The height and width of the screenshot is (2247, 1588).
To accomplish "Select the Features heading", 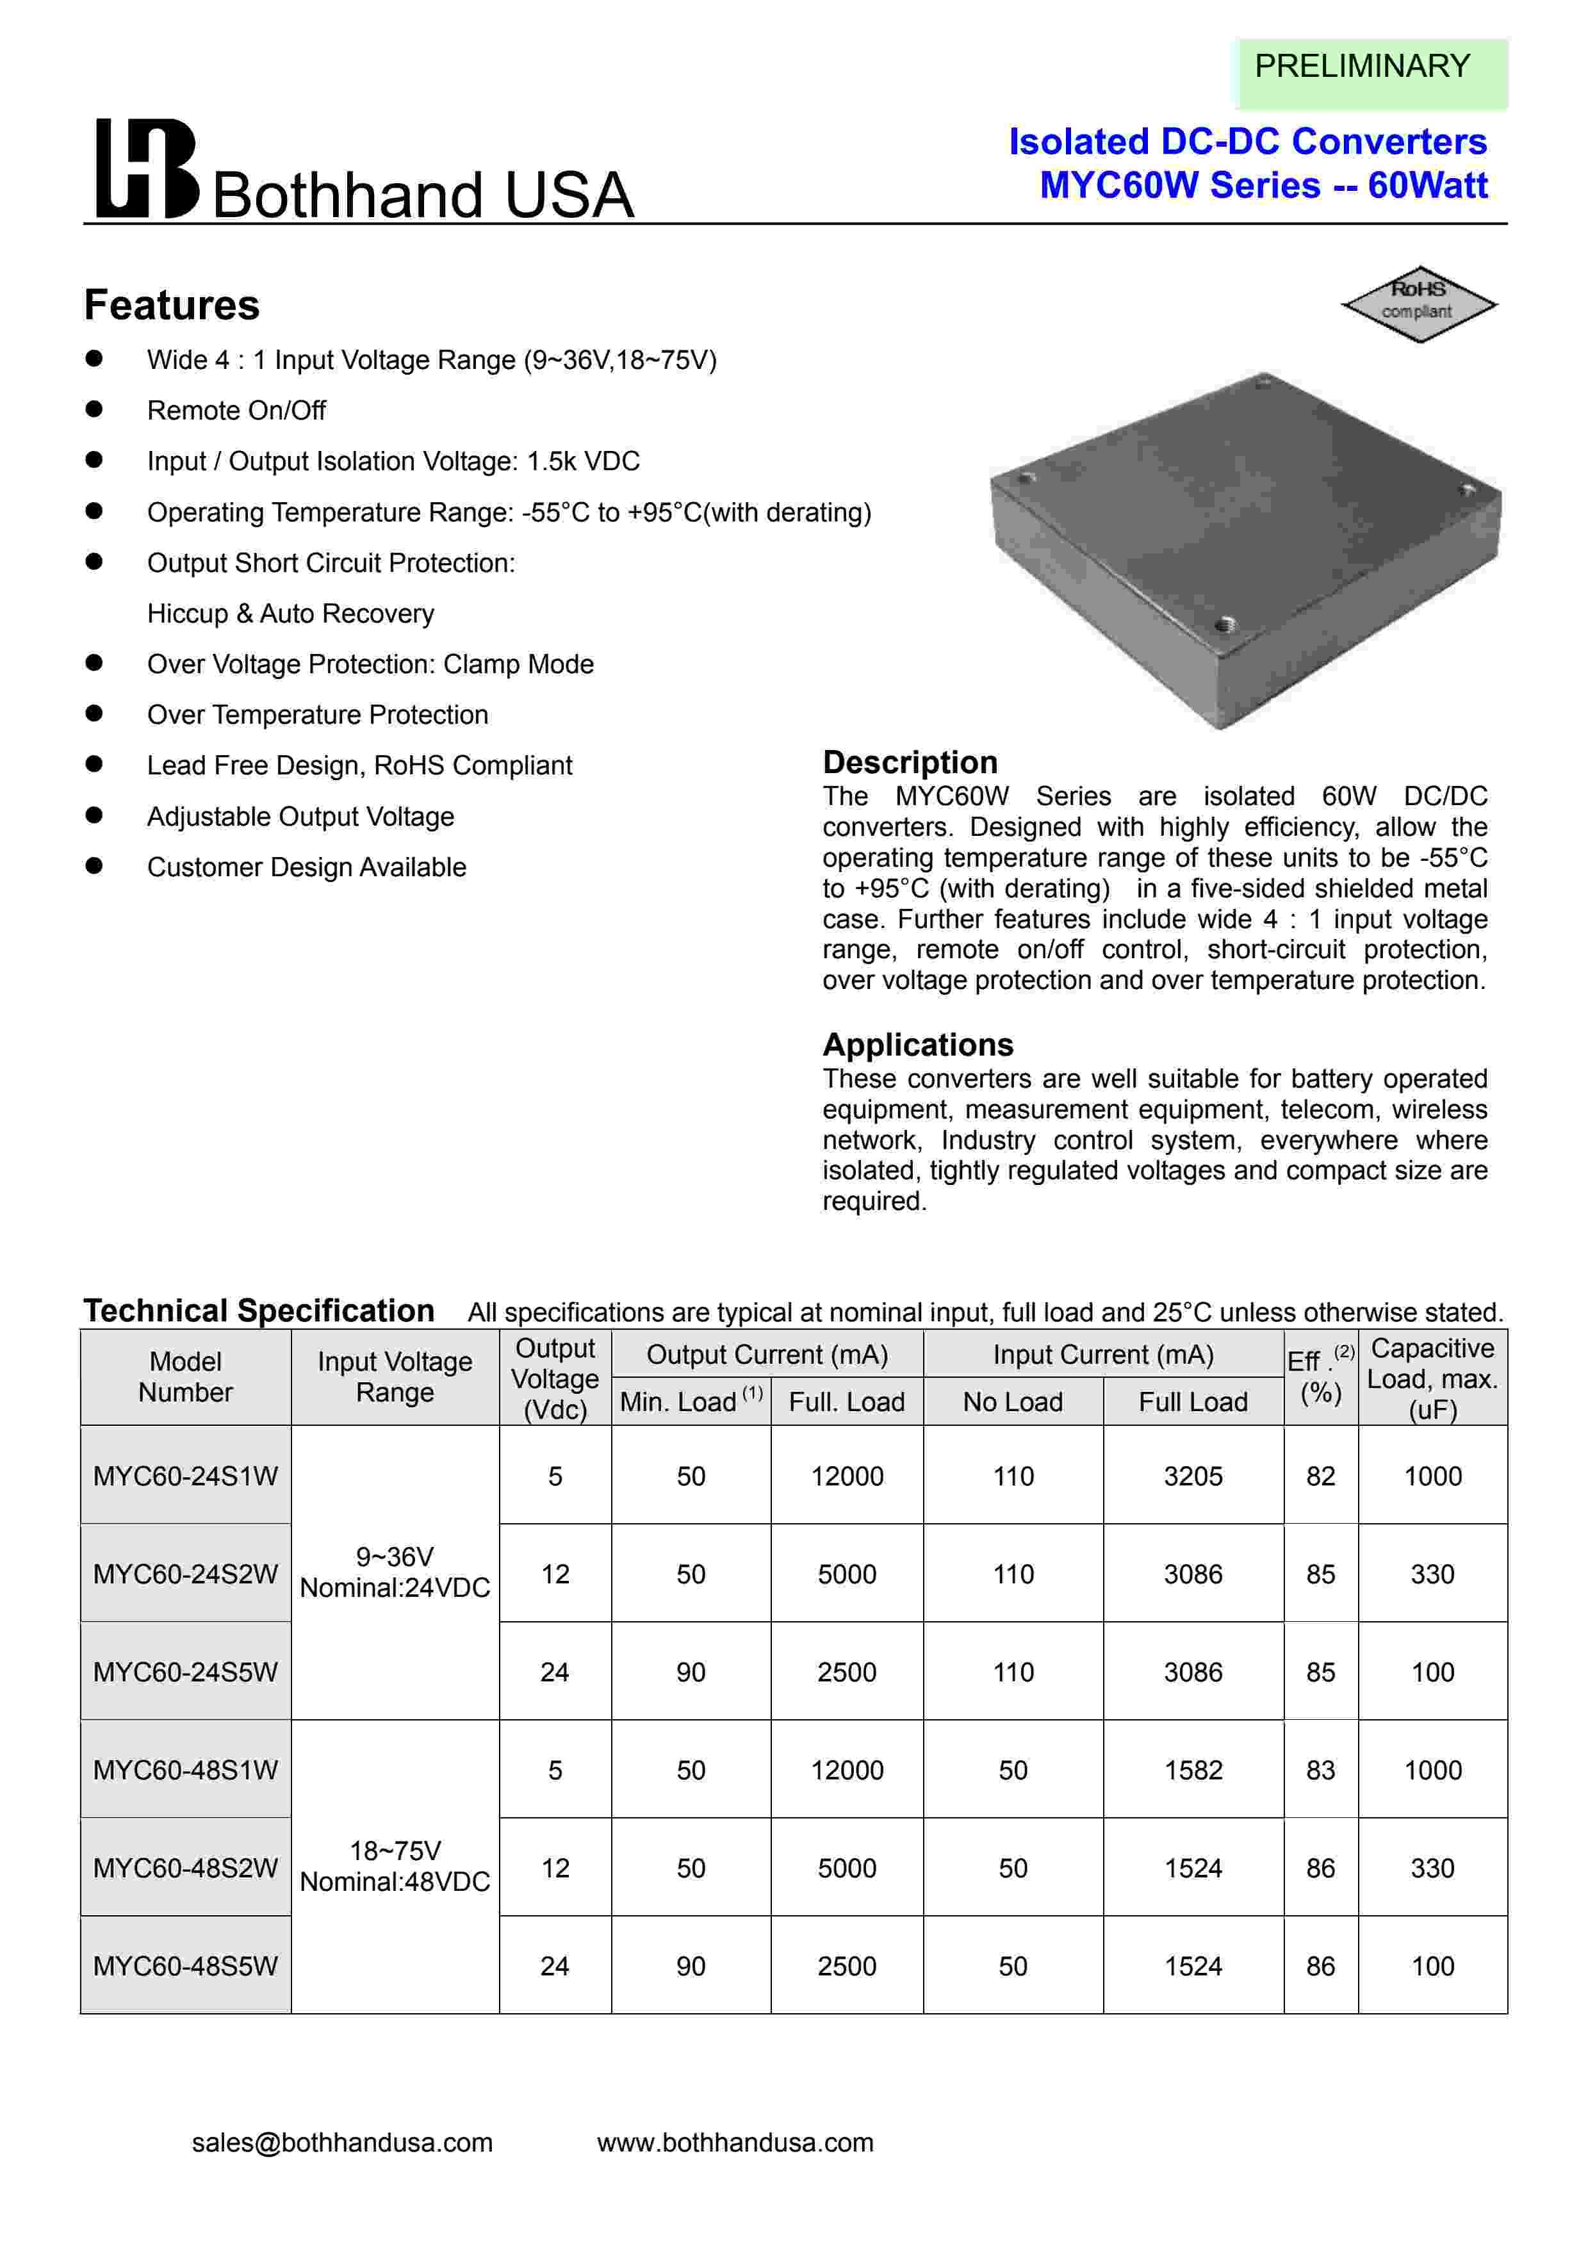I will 172,306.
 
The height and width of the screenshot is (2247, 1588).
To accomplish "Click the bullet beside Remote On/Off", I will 94,409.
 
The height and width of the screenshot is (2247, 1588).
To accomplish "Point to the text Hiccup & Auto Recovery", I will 291,614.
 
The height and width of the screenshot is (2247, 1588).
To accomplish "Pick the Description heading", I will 910,762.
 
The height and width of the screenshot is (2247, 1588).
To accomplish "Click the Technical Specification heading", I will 258,1311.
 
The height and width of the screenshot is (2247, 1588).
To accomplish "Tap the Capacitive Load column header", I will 1432,1378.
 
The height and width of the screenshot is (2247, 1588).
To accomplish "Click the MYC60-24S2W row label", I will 185,1574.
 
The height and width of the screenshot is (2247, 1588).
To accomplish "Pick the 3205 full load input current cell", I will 1193,1476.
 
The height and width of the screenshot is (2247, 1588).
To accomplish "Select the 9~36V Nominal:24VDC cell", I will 395,1572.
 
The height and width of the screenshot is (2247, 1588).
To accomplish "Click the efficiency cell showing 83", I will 1320,1769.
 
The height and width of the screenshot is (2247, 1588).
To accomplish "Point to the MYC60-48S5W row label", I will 185,1965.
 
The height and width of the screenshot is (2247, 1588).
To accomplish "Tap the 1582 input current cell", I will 1193,1769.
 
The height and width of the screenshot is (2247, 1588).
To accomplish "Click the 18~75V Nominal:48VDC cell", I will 395,1865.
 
